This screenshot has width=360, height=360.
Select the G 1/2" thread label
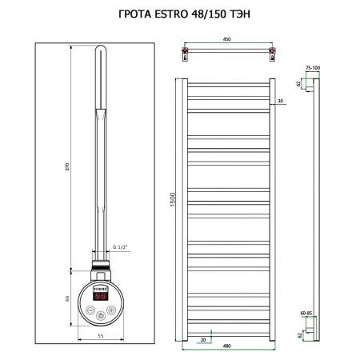(121, 246)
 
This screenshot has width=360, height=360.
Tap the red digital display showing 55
(100, 295)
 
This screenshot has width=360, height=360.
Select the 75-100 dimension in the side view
(312, 69)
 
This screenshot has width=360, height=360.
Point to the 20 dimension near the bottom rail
(205, 338)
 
